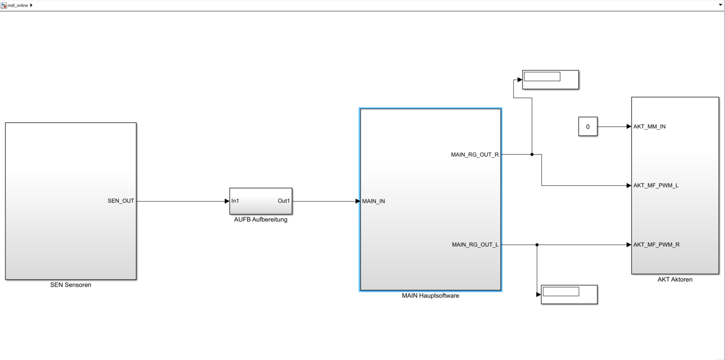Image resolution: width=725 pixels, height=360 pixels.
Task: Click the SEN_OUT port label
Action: [121, 201]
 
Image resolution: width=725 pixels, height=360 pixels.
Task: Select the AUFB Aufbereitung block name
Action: [261, 220]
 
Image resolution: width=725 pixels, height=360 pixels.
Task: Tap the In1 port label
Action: [235, 201]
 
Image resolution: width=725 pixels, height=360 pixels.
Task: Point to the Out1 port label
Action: [284, 201]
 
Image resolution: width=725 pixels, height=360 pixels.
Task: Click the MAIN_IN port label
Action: [374, 201]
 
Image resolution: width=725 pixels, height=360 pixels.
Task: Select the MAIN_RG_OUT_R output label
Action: [475, 155]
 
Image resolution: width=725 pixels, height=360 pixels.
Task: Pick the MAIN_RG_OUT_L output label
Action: [475, 245]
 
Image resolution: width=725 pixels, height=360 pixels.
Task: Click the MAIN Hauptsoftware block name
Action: [430, 296]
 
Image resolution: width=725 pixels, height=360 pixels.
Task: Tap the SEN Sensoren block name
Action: [71, 285]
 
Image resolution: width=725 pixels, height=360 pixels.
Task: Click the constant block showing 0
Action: [588, 127]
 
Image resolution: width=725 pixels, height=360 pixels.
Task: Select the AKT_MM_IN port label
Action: [649, 127]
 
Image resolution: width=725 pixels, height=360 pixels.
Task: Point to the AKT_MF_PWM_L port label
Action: [656, 186]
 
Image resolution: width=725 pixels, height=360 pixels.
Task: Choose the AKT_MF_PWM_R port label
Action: [656, 245]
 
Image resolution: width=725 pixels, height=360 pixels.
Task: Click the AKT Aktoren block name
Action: [675, 279]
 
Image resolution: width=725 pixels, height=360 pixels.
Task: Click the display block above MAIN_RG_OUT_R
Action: [551, 80]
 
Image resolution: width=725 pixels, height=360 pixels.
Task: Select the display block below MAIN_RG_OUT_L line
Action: [569, 294]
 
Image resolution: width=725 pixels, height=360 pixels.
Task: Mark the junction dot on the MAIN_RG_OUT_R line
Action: [532, 154]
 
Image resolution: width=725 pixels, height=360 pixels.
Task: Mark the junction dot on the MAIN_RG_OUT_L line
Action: [537, 245]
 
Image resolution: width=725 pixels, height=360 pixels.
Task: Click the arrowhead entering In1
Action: [227, 201]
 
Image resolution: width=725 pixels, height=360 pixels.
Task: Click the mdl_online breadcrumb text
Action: [18, 5]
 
